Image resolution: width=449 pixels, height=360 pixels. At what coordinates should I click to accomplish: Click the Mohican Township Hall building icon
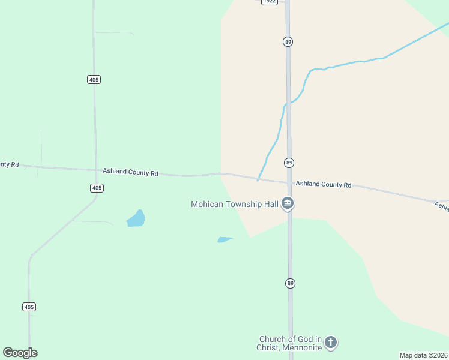coord(288,204)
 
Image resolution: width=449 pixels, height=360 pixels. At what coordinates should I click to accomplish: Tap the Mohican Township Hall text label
coord(234,204)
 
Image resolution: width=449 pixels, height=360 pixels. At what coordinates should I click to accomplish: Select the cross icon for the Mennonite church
coord(330,343)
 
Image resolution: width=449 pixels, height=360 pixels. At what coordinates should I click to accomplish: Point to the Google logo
coord(20,353)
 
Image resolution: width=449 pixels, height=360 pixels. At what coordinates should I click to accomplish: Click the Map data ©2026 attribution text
coord(423,355)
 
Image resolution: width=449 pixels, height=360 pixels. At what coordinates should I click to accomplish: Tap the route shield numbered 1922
coord(270,2)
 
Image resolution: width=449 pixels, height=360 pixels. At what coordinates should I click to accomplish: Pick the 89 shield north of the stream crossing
coord(289,41)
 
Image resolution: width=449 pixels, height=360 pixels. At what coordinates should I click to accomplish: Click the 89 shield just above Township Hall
coord(289,163)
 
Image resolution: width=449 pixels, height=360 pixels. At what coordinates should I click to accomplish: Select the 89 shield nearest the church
coord(290,283)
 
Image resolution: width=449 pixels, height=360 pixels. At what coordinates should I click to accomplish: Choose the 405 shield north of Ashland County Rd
coord(93,79)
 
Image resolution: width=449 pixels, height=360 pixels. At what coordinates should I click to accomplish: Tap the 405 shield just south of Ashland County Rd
coord(97,188)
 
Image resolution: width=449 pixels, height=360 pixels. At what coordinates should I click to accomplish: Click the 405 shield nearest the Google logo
coord(29,307)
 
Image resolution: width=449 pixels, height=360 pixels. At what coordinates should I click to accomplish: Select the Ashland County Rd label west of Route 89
coord(130,172)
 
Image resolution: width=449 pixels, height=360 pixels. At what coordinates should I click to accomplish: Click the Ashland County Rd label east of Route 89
coord(323,184)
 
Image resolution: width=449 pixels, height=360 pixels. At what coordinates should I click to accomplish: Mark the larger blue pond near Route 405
coord(136,219)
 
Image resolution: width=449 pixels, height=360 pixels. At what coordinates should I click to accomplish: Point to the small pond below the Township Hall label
coord(224,239)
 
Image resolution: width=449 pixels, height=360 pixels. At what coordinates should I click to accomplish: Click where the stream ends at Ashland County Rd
coord(258,179)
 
